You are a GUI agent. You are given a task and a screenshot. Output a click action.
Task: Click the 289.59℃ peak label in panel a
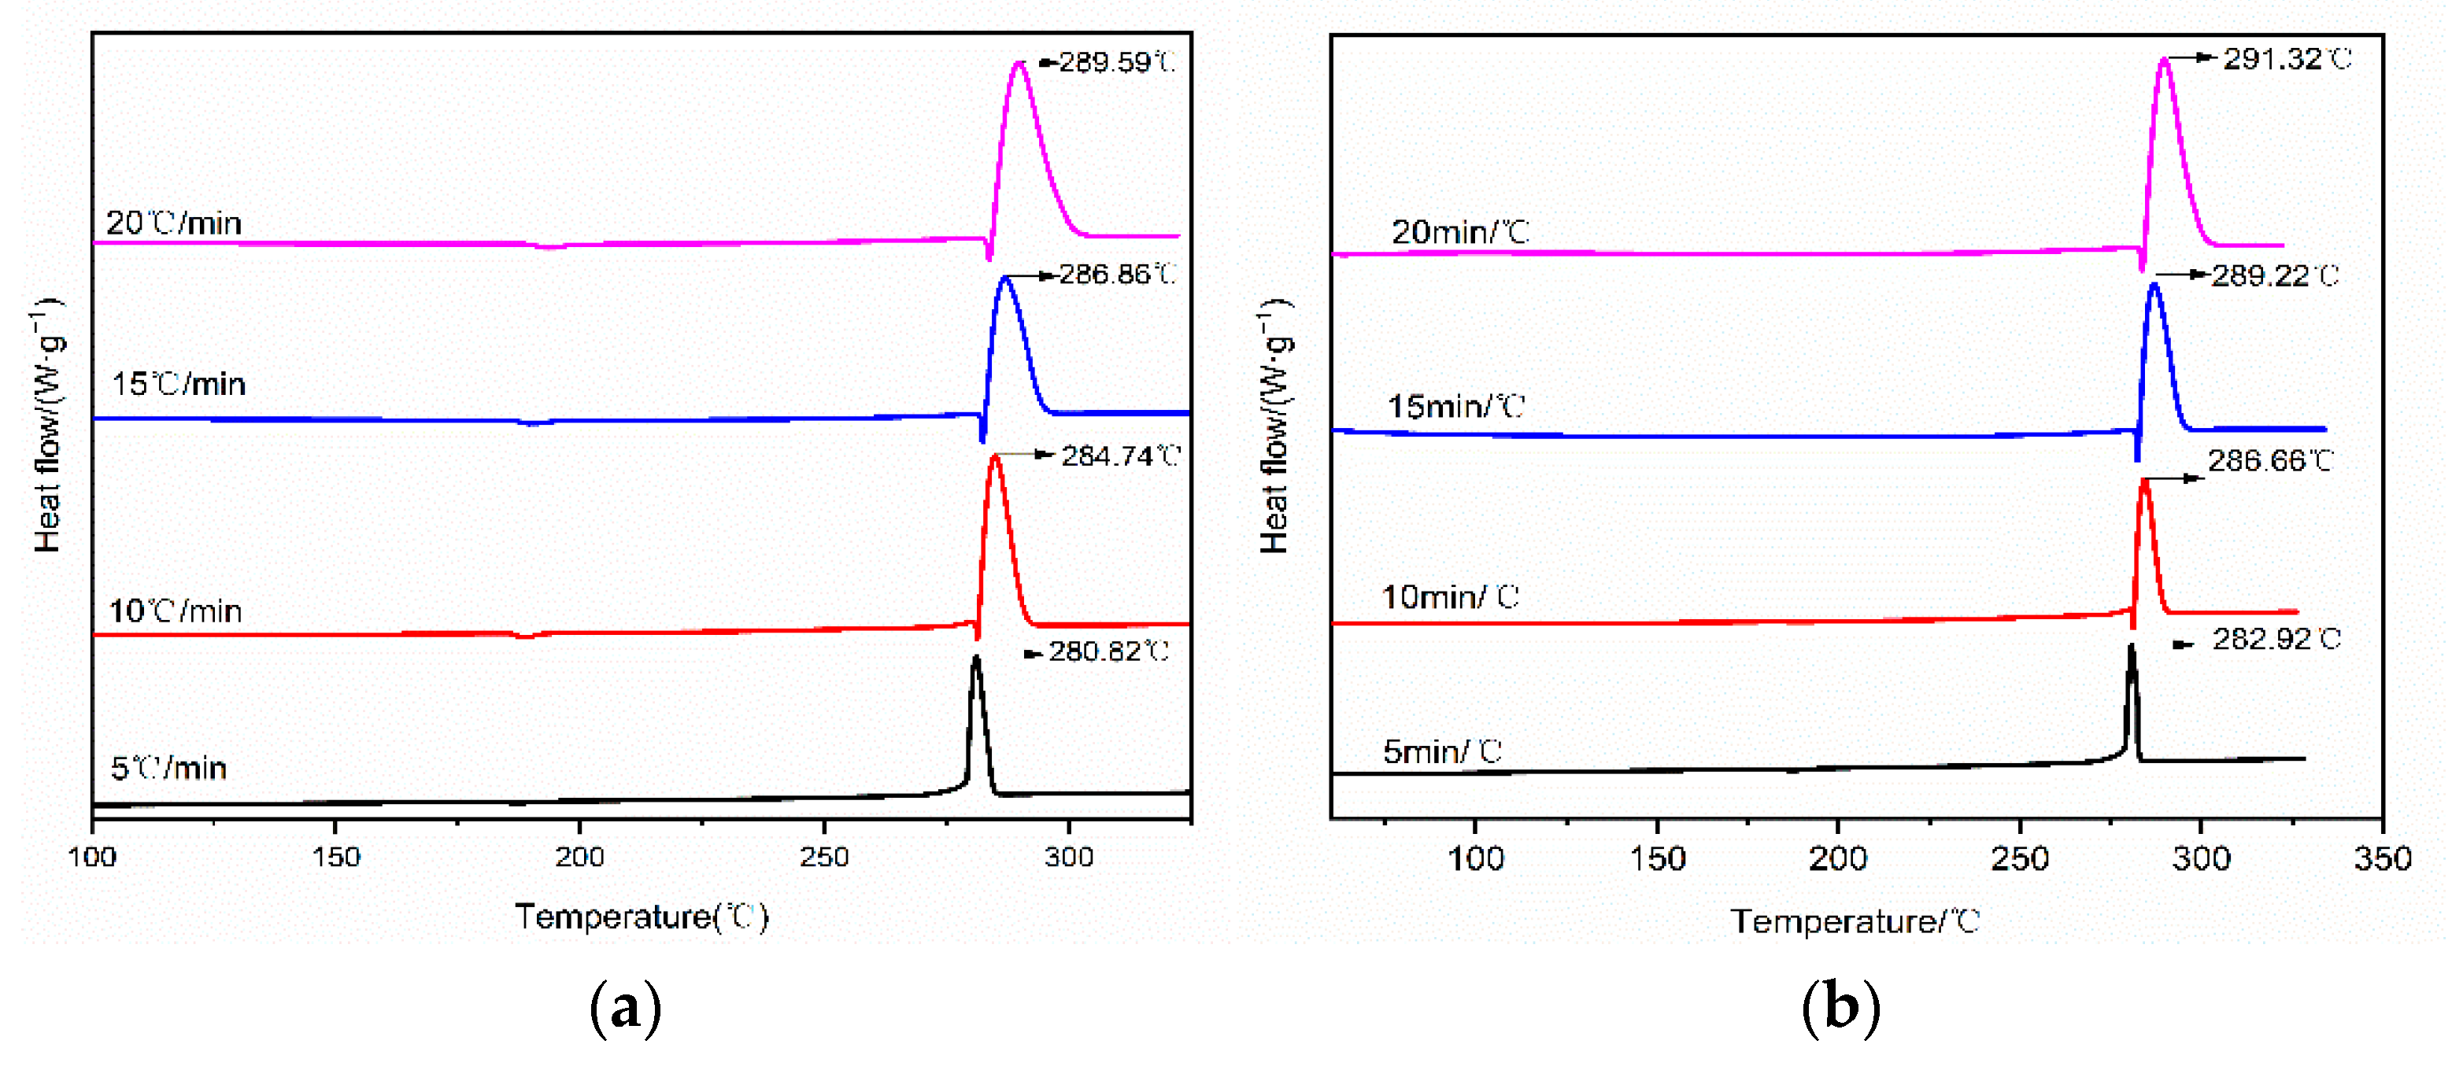(x=1116, y=63)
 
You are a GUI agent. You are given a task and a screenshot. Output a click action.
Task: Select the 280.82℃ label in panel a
(x=1108, y=652)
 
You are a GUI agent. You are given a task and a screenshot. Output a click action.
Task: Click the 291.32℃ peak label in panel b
(x=2286, y=59)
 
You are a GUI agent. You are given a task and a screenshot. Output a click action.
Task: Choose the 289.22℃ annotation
(x=2275, y=276)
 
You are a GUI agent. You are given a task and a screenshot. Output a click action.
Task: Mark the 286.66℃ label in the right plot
(x=2270, y=462)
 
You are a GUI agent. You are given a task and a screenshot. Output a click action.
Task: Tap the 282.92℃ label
(x=2276, y=640)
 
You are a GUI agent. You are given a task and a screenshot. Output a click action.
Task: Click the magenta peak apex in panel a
(x=1019, y=63)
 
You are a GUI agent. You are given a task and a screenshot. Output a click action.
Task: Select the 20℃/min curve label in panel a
(x=173, y=223)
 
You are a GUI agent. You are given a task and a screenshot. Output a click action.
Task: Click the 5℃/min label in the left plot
(x=168, y=769)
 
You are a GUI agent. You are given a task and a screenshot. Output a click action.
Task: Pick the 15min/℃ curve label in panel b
(x=1455, y=408)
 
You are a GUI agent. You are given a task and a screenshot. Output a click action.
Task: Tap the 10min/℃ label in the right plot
(x=1449, y=597)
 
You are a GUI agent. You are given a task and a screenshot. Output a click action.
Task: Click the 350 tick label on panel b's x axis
(x=2382, y=859)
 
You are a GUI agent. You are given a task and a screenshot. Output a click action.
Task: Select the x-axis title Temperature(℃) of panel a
(x=642, y=917)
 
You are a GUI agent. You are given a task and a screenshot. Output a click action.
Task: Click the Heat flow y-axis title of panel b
(x=1274, y=426)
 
